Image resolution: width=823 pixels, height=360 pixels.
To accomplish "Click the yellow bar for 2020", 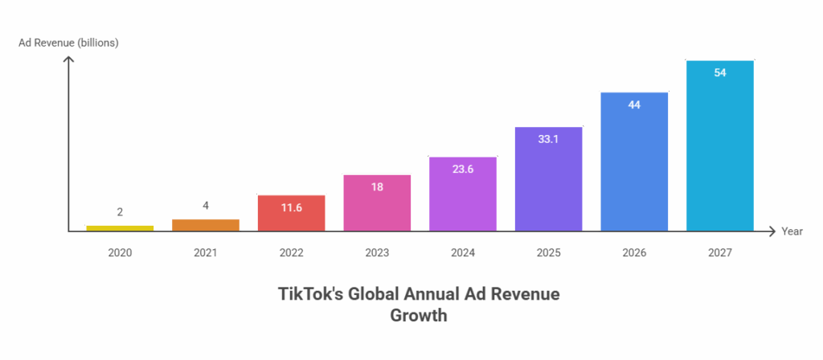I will coord(120,227).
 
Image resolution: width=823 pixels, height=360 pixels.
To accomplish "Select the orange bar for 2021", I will coord(206,224).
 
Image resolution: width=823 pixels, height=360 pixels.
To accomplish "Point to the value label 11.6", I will coord(291,208).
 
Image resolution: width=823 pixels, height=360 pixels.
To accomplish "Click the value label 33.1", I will coord(549,139).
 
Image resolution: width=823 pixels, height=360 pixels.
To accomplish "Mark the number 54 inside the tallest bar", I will coord(720,73).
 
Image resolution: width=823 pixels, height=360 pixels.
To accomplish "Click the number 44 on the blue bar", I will coord(634,104).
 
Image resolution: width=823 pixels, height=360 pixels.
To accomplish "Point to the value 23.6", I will coord(463,169).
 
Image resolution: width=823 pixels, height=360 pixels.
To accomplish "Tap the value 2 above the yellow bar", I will coord(120,212).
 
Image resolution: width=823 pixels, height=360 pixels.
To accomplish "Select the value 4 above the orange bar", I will coord(206,207).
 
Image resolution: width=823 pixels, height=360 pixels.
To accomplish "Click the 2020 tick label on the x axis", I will coord(120,252).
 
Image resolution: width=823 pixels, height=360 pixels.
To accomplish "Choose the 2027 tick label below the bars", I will coord(720,252).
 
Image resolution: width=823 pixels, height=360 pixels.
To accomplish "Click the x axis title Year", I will coord(792,231).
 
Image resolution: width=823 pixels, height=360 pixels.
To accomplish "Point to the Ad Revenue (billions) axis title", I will coord(69,43).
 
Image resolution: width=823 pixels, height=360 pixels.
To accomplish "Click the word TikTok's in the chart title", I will coord(311,295).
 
